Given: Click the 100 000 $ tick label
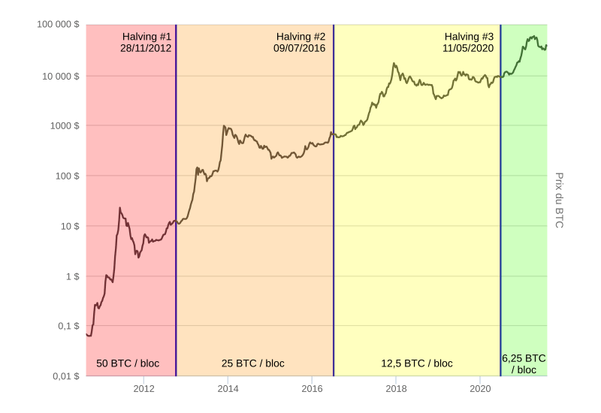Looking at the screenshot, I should pyautogui.click(x=58, y=25).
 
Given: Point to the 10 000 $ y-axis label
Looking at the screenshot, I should pyautogui.click(x=60, y=76).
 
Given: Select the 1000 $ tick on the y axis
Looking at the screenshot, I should pyautogui.click(x=65, y=126).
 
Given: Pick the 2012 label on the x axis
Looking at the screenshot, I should pyautogui.click(x=144, y=388).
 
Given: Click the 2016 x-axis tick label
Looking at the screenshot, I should pyautogui.click(x=313, y=388).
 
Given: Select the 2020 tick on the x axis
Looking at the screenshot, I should pyautogui.click(x=481, y=388).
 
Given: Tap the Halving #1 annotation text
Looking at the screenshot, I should pyautogui.click(x=147, y=36).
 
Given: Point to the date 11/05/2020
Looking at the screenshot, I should pyautogui.click(x=468, y=47).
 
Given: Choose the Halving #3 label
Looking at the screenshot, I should pyautogui.click(x=469, y=36).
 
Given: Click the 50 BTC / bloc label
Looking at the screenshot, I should pyautogui.click(x=128, y=363).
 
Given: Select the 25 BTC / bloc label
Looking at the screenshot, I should pyautogui.click(x=253, y=363).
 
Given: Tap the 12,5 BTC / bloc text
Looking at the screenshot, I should pyautogui.click(x=417, y=363).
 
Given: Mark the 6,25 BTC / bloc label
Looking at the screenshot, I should pyautogui.click(x=524, y=363).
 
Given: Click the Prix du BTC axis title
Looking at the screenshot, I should pyautogui.click(x=559, y=200).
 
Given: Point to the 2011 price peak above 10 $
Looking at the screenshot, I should pyautogui.click(x=119, y=208).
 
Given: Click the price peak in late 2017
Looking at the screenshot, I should pyautogui.click(x=394, y=64).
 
